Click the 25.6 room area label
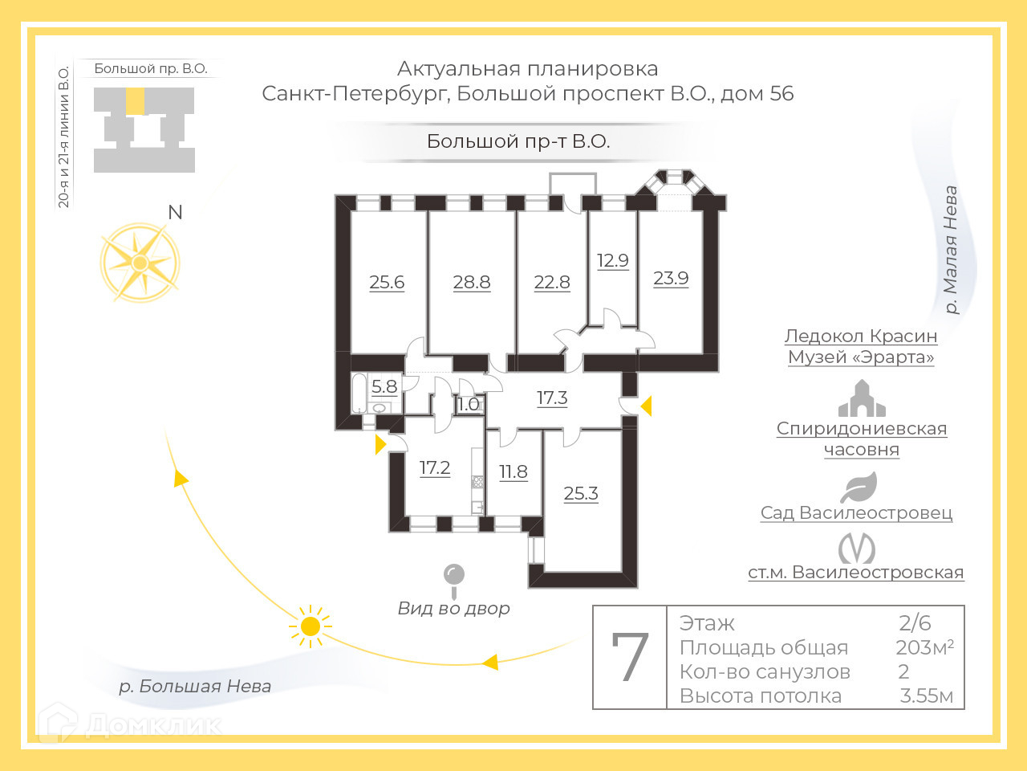pos(387,283)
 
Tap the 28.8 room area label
pos(472,283)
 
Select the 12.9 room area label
pos(613,261)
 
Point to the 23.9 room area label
pos(671,279)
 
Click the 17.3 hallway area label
pos(552,398)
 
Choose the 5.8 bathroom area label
pos(384,387)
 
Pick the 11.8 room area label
pos(513,472)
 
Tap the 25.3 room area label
pos(581,494)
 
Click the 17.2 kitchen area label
pos(435,468)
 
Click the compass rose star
pos(140,263)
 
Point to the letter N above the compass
pos(175,212)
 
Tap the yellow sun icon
pos(310,626)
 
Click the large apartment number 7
pos(630,658)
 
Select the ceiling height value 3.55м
pos(927,696)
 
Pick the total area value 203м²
pos(924,647)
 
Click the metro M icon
pos(856,549)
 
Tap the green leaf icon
pos(859,487)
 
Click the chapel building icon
pos(861,399)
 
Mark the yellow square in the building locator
pos(136,101)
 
